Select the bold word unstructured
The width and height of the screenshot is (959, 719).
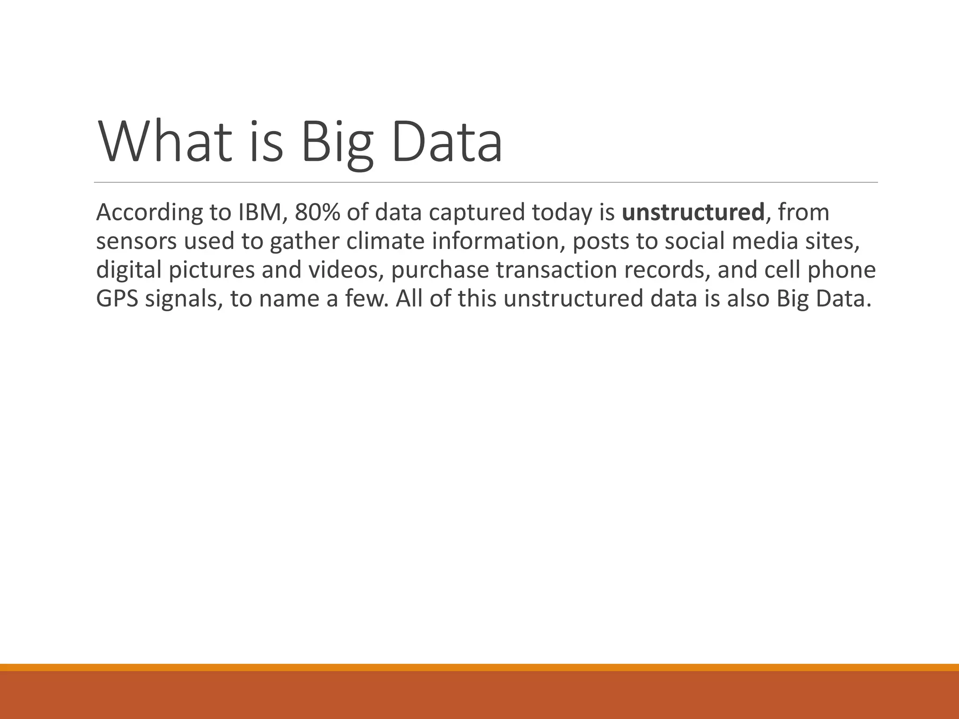(x=693, y=213)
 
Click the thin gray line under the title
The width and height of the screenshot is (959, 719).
(x=486, y=182)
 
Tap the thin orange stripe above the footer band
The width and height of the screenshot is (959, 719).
(x=479, y=667)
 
